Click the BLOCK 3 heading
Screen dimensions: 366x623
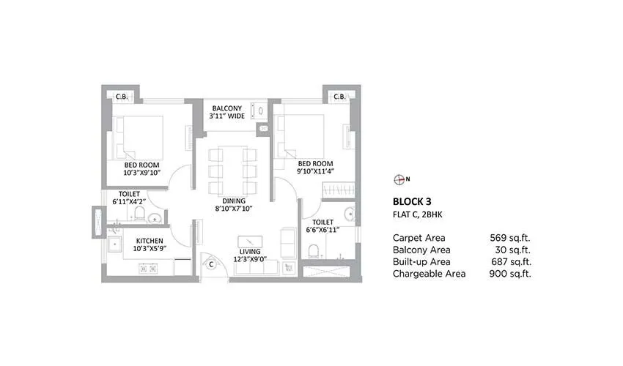coord(412,201)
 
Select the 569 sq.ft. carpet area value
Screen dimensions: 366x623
coord(510,238)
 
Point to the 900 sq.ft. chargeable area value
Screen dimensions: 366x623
coord(510,274)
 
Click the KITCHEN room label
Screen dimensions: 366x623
coord(148,240)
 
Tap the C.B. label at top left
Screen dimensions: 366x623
coord(122,97)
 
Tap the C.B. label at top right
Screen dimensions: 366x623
coord(339,97)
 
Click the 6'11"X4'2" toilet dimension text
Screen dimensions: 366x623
coord(129,201)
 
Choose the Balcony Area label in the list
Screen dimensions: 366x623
coord(422,250)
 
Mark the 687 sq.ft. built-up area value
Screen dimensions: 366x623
coord(510,262)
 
